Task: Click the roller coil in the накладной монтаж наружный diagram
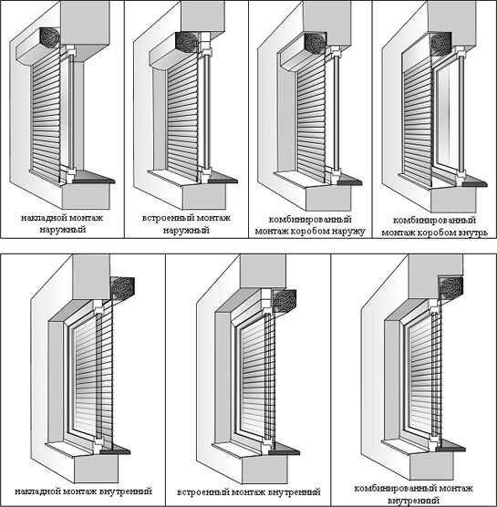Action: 50,37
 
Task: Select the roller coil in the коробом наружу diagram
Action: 315,43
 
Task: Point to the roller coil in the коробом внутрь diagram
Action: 440,44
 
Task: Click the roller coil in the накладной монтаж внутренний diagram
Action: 122,288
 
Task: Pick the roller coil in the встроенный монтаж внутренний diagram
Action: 285,301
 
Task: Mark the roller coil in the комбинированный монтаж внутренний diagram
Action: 450,288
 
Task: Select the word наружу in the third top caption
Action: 348,232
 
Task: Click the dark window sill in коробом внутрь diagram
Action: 471,181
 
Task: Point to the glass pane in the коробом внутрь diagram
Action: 448,118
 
